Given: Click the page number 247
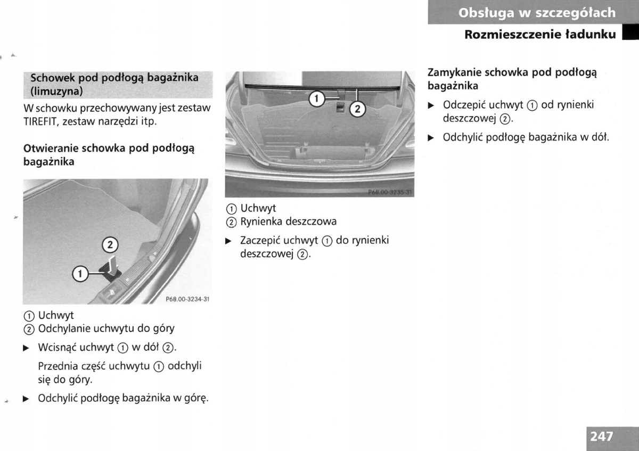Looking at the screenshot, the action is click(x=601, y=437).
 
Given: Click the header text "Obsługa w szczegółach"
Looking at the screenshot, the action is click(x=537, y=13).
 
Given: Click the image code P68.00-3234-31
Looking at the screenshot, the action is click(x=187, y=299).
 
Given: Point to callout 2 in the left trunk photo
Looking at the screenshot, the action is click(x=110, y=245).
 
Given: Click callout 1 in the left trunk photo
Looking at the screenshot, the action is click(x=80, y=274).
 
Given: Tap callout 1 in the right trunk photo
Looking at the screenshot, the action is click(x=316, y=98).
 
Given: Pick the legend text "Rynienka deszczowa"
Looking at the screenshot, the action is click(x=289, y=221).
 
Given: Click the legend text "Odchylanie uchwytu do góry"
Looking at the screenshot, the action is click(x=106, y=329).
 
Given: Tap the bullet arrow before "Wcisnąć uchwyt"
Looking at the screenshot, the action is click(x=26, y=348).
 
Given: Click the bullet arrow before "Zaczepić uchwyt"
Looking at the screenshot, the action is click(x=228, y=241).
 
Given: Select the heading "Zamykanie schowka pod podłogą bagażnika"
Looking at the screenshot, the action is click(x=512, y=79).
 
